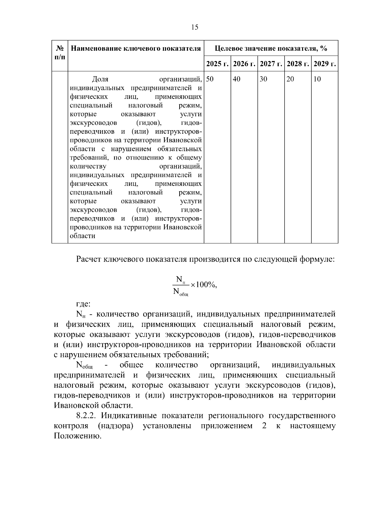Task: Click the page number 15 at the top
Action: coord(195,28)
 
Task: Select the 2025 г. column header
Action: coord(217,64)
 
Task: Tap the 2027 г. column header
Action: coord(271,64)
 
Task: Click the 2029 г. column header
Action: coord(325,64)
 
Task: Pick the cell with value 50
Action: coord(210,79)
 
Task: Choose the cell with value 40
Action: coord(237,79)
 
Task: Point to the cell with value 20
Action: coord(290,79)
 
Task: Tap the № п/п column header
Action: coord(60,53)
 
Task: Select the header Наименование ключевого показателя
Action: coord(136,49)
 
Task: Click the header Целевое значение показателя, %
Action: coord(271,49)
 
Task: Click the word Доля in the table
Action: coord(100,79)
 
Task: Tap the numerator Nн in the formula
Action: coord(180,279)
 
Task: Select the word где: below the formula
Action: coord(83,304)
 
